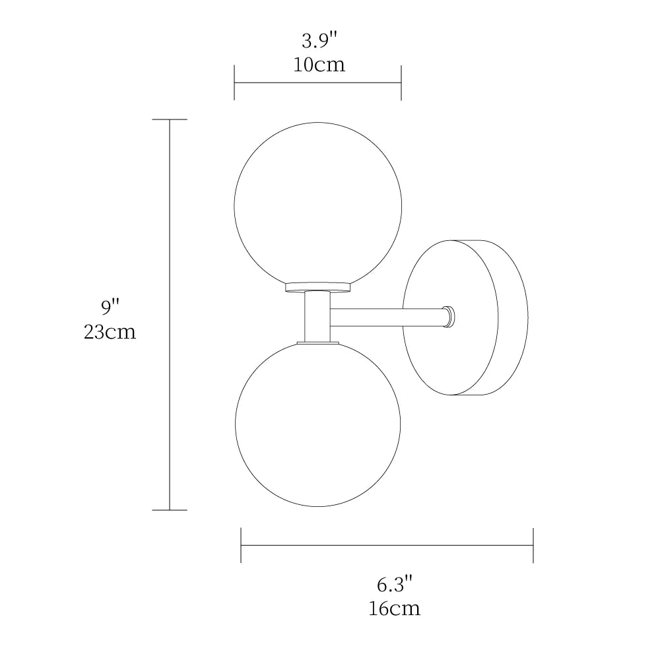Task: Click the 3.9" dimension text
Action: pyautogui.click(x=319, y=41)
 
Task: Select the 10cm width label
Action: pyautogui.click(x=319, y=65)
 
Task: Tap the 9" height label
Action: pyautogui.click(x=110, y=307)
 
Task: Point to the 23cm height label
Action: pyautogui.click(x=110, y=331)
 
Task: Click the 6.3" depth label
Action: pyautogui.click(x=394, y=583)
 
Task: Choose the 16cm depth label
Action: pyautogui.click(x=394, y=608)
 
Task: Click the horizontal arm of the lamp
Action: pyautogui.click(x=386, y=317)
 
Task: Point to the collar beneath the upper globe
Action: pyautogui.click(x=317, y=288)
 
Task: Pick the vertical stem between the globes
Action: pyautogui.click(x=317, y=317)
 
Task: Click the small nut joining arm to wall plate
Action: pyautogui.click(x=449, y=317)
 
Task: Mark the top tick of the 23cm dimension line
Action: pyautogui.click(x=170, y=119)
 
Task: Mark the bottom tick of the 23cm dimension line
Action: pyautogui.click(x=170, y=510)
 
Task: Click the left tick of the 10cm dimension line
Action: pyautogui.click(x=234, y=82)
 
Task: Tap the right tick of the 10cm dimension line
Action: pyautogui.click(x=401, y=82)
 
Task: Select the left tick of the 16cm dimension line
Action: pyautogui.click(x=241, y=545)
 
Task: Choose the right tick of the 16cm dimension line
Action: pyautogui.click(x=533, y=545)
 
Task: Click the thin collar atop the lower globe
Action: pyautogui.click(x=317, y=343)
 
